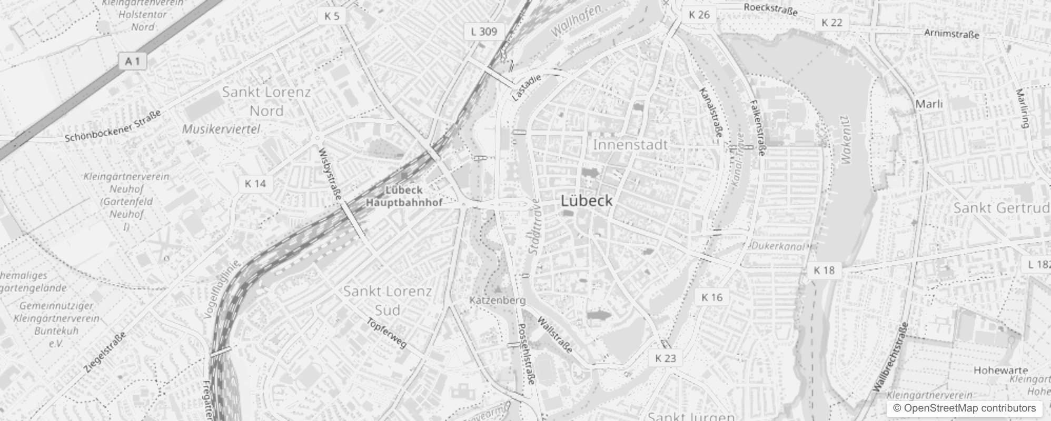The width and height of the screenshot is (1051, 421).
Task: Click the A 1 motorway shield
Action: click(x=133, y=62)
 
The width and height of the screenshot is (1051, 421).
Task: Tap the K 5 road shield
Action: click(x=332, y=16)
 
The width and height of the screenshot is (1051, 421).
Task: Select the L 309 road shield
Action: click(x=484, y=32)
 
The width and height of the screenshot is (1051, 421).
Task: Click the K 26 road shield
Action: click(x=699, y=15)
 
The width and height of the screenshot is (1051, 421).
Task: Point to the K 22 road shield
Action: click(x=832, y=22)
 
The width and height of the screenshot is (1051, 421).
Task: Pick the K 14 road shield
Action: click(x=256, y=184)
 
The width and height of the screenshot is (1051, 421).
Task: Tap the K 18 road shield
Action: click(x=824, y=270)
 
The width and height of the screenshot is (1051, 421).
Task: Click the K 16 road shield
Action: click(x=712, y=297)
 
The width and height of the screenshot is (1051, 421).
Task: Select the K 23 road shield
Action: click(x=666, y=358)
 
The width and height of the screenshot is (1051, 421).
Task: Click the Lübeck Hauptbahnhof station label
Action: click(x=404, y=196)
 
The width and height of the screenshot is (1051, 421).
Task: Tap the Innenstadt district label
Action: click(x=630, y=145)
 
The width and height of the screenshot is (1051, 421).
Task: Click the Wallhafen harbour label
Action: click(x=576, y=22)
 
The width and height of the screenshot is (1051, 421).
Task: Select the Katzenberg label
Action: click(x=497, y=300)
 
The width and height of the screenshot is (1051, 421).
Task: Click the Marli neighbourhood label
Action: click(x=929, y=104)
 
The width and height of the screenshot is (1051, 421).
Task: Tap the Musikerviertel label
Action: click(x=221, y=129)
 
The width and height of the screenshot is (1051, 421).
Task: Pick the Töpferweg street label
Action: click(x=387, y=333)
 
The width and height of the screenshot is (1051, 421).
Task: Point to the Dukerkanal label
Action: click(x=778, y=246)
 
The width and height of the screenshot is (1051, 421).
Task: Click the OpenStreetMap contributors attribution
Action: click(x=964, y=408)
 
